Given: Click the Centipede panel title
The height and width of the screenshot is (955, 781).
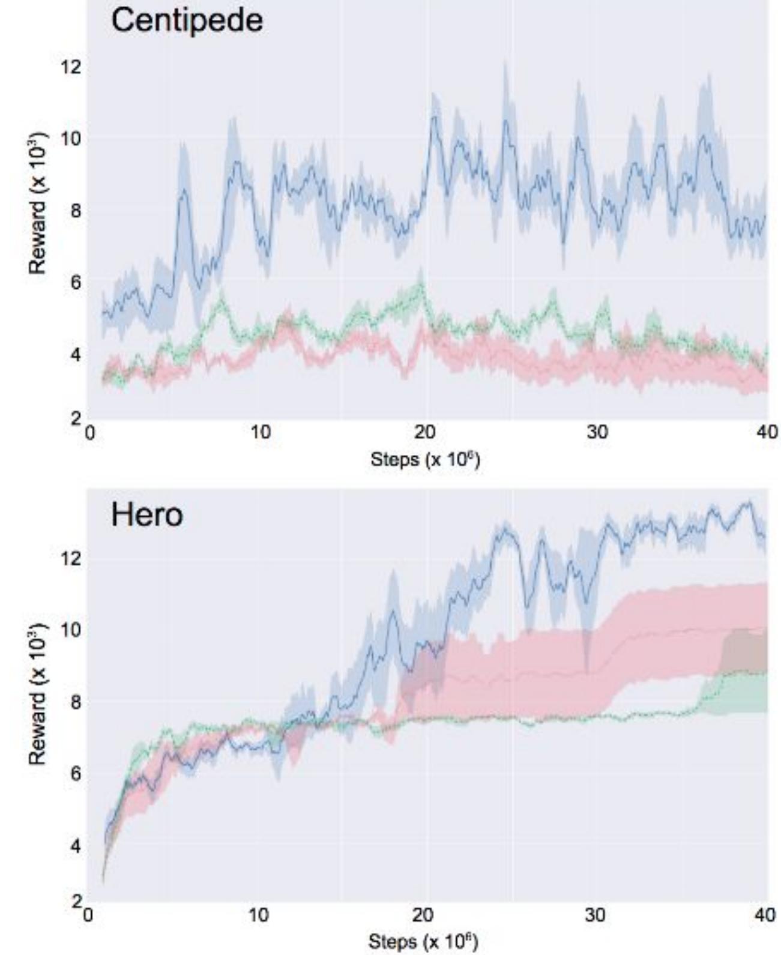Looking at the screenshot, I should [x=187, y=20].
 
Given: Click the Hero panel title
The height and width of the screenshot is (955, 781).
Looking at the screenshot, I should [x=146, y=515].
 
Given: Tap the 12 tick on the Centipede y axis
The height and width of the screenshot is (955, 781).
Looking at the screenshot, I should [x=70, y=66].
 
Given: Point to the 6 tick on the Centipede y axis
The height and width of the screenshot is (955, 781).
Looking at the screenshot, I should [x=74, y=282].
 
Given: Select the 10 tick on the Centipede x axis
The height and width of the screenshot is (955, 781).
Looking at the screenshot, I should [x=261, y=432].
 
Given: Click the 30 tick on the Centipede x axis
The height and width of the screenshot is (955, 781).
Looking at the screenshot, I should [x=597, y=432].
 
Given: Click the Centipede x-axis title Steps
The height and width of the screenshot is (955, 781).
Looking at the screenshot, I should [x=425, y=460].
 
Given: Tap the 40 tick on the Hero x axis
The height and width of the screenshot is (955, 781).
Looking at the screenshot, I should [x=765, y=914].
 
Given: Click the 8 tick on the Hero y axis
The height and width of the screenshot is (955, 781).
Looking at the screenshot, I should [x=74, y=702].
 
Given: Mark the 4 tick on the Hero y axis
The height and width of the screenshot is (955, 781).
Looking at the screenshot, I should [x=74, y=846].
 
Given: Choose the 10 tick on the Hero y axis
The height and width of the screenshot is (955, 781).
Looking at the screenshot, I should [x=70, y=630].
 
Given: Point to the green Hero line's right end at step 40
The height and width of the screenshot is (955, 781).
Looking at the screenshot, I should [x=766, y=672].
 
